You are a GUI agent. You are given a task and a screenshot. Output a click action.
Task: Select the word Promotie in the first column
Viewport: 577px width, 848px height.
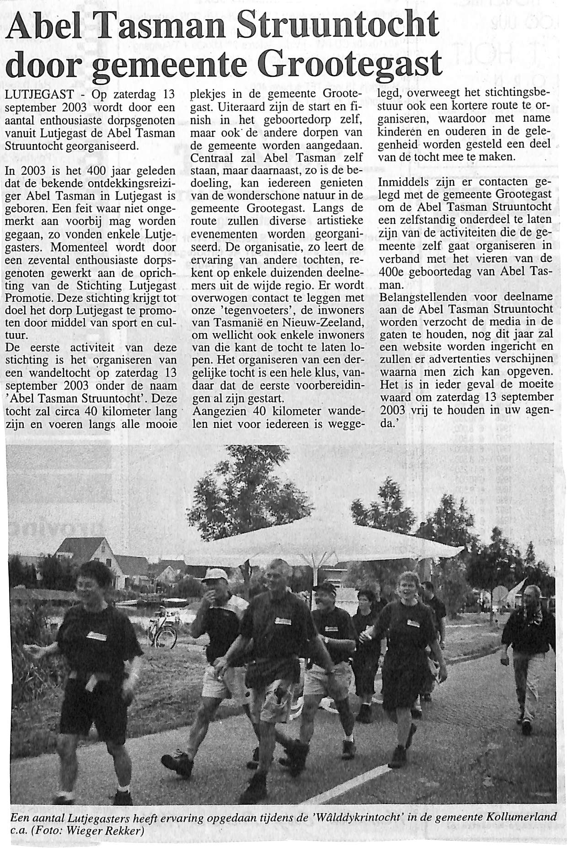(24, 299)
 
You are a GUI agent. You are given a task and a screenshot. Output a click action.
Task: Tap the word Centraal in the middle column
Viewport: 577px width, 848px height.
(211, 158)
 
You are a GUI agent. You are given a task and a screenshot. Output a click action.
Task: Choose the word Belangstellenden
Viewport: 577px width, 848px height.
(422, 297)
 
